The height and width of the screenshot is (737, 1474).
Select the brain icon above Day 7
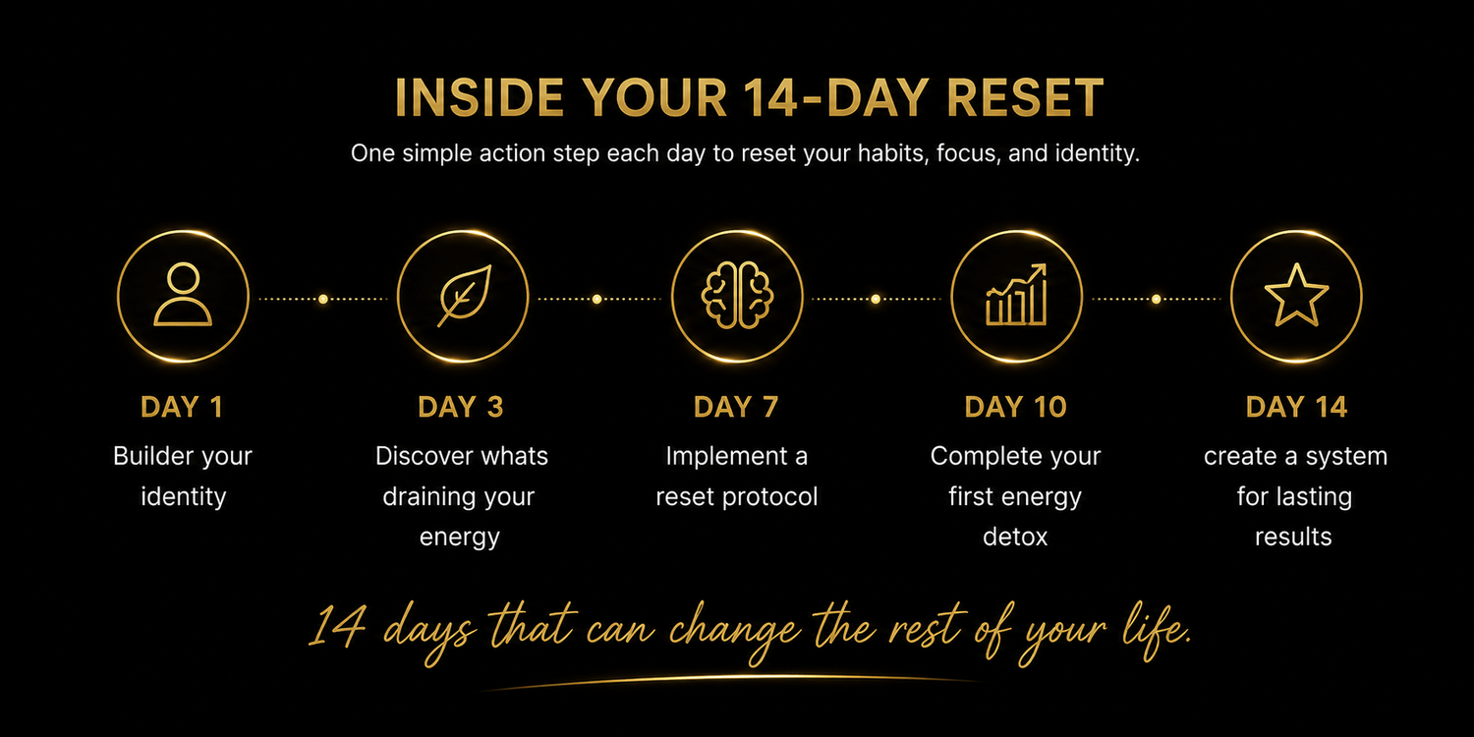[x=737, y=296]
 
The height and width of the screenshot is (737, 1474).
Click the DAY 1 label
[x=182, y=407]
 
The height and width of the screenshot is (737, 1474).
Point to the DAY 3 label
[x=461, y=407]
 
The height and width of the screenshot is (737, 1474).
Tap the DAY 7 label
[x=736, y=407]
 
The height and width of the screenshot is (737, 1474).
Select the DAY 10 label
[x=1015, y=407]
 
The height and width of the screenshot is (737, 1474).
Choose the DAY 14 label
[x=1296, y=407]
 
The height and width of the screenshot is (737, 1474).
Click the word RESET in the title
[x=1025, y=97]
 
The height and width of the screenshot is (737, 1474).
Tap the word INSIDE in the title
[x=480, y=97]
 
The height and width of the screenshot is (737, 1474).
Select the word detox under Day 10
[x=1015, y=537]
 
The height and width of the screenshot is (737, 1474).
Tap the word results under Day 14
[x=1293, y=537]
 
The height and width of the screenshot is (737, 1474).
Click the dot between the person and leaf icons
[x=323, y=299]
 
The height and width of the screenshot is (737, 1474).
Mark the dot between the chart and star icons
[x=1157, y=299]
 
